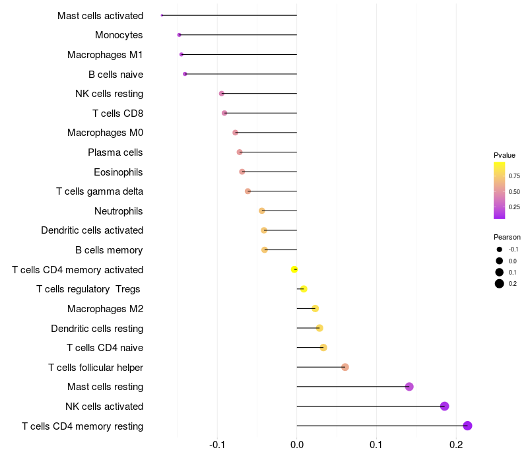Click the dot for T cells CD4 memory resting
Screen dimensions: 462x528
(468, 426)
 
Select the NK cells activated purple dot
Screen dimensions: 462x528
(445, 406)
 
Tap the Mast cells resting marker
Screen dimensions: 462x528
(409, 387)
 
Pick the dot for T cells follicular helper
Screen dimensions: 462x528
(345, 367)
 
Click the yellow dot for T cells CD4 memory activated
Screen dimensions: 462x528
(294, 269)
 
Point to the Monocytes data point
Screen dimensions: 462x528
(179, 35)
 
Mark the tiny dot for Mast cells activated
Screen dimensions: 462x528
(162, 15)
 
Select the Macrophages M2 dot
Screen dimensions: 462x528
(315, 308)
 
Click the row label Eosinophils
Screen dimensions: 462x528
(118, 172)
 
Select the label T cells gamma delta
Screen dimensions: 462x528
(100, 191)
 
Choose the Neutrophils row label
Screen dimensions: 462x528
(119, 211)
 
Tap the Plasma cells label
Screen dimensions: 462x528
(115, 152)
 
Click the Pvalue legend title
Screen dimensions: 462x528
(505, 155)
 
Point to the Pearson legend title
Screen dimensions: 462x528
(507, 237)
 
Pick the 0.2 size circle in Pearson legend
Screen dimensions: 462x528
(500, 284)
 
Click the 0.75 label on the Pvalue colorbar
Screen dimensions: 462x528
(514, 176)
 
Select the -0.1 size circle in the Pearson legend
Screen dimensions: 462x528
(500, 249)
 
